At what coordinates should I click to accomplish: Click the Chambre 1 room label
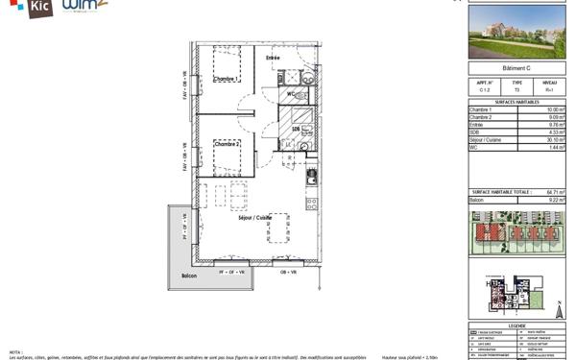tap(224, 80)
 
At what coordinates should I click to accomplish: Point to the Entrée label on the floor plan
tap(273, 59)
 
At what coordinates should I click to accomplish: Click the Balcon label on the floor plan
tap(188, 276)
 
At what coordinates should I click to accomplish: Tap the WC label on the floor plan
tap(289, 94)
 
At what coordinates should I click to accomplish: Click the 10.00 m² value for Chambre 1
tap(555, 110)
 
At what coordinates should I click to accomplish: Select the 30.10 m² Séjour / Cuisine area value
tap(555, 139)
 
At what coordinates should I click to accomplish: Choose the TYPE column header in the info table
tap(516, 83)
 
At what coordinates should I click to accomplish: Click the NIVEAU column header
tap(549, 83)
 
